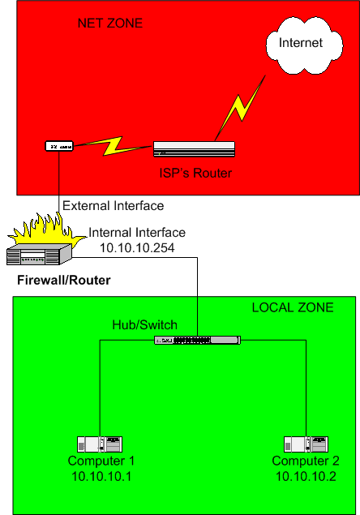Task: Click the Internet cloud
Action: [304, 45]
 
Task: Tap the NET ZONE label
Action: [110, 24]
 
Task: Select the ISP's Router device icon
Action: [194, 149]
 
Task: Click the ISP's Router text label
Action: [195, 173]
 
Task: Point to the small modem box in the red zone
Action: [59, 146]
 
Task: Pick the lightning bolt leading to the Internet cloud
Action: [241, 108]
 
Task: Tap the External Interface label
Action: [113, 206]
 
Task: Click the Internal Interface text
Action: [137, 233]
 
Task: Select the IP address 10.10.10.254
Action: [137, 248]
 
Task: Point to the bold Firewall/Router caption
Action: [64, 280]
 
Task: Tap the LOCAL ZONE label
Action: [293, 307]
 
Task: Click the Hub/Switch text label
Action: [145, 325]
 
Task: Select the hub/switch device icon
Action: [197, 341]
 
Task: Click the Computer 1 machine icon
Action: [100, 444]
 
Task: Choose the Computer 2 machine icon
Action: [306, 444]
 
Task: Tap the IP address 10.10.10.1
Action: [101, 476]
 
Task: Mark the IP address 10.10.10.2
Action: [306, 476]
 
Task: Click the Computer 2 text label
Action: [306, 461]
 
